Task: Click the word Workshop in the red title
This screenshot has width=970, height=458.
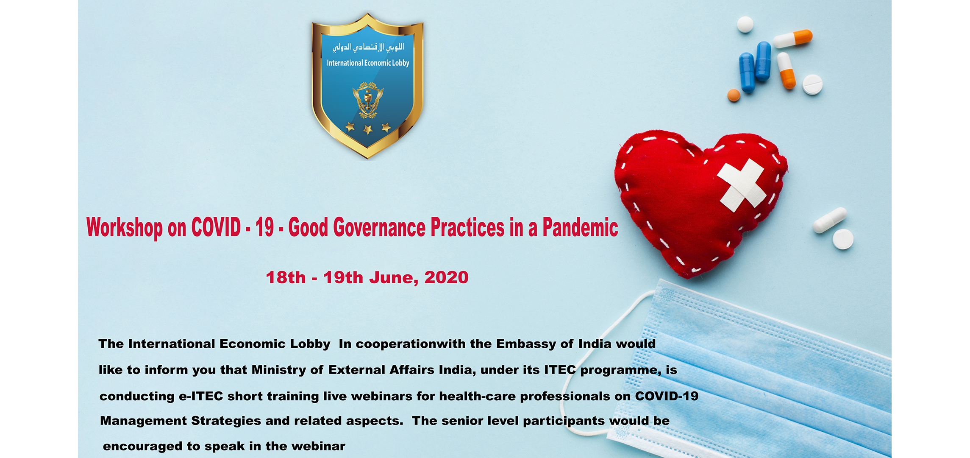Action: pyautogui.click(x=125, y=228)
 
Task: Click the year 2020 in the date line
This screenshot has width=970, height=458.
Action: pyautogui.click(x=446, y=278)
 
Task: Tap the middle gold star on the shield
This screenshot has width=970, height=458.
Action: pyautogui.click(x=367, y=129)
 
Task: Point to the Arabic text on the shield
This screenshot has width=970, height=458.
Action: pyautogui.click(x=368, y=47)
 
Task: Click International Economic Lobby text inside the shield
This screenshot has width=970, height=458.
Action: pyautogui.click(x=368, y=63)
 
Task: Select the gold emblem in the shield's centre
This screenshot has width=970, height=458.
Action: pyautogui.click(x=367, y=100)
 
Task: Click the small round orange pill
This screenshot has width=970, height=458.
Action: pyautogui.click(x=734, y=95)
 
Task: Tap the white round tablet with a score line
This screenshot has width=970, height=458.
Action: pyautogui.click(x=812, y=84)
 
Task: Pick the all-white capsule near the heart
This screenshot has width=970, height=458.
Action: pyautogui.click(x=829, y=220)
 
